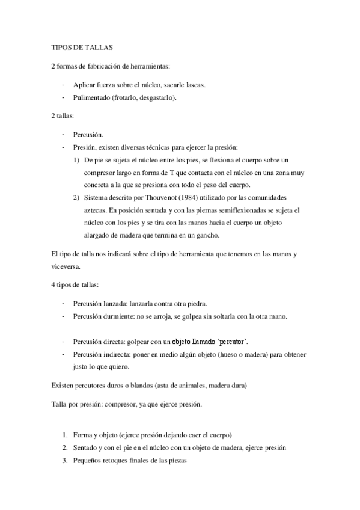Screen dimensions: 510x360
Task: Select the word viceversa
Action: tap(66, 266)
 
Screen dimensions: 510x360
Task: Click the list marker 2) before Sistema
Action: tap(76, 197)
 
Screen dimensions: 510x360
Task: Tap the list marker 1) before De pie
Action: tap(76, 159)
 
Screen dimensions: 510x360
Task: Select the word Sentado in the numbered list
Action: tap(87, 447)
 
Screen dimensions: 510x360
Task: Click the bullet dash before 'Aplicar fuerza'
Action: tap(63, 84)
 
